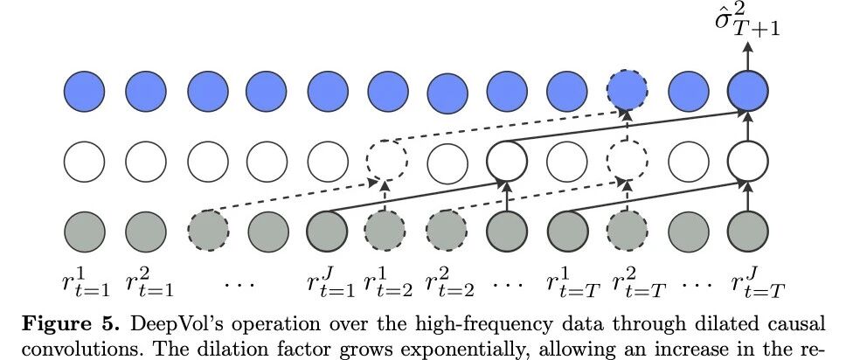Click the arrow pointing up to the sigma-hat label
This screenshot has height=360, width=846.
point(748,56)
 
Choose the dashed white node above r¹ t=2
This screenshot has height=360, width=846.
point(386,161)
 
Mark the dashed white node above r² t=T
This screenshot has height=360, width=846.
point(627,161)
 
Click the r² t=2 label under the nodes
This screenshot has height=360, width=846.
point(449,283)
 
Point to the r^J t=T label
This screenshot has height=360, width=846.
point(758,283)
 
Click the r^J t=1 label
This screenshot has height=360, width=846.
point(330,283)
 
